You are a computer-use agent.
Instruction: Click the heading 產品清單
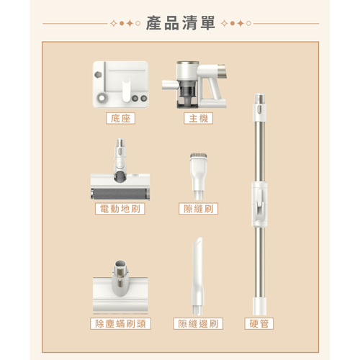[x=180, y=23]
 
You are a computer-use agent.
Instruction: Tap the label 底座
[x=120, y=118]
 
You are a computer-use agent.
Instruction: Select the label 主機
[x=198, y=118]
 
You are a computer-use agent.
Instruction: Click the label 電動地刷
[x=120, y=209]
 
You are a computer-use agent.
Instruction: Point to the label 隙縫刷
[x=198, y=209]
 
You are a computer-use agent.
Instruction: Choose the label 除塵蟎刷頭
[x=120, y=323]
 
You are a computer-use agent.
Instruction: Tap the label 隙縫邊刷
[x=198, y=323]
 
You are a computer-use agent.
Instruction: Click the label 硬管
[x=258, y=323]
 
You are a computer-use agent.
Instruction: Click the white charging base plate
[x=120, y=84]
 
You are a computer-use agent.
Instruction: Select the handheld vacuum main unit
[x=194, y=84]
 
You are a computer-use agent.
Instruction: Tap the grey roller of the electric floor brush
[x=120, y=194]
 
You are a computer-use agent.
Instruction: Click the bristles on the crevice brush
[x=199, y=156]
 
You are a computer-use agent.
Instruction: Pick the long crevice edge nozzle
[x=198, y=276]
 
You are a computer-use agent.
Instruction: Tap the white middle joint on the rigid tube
[x=259, y=204]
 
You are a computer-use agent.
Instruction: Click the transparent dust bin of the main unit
[x=188, y=91]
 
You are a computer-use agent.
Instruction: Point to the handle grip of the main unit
[x=214, y=89]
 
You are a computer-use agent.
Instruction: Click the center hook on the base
[x=126, y=91]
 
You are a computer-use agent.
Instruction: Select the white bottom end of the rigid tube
[x=258, y=306]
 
